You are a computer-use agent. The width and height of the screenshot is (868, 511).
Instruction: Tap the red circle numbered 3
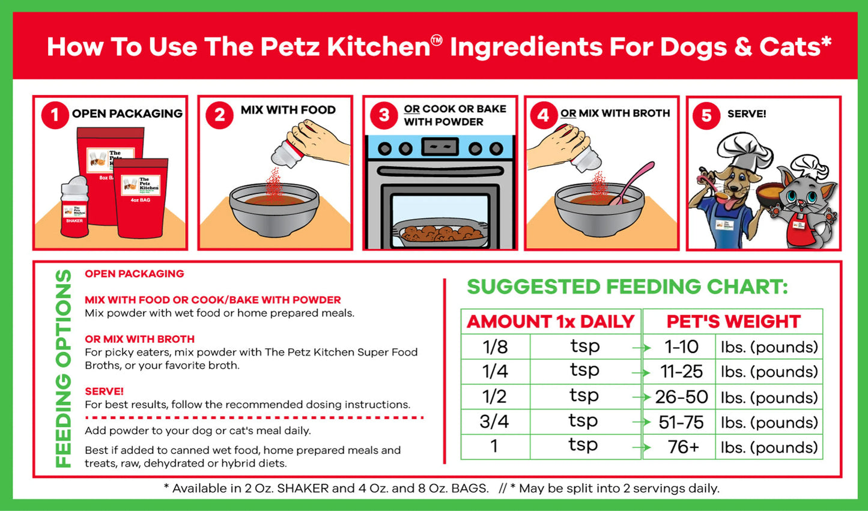384,115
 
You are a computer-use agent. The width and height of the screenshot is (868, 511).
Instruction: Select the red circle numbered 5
706,115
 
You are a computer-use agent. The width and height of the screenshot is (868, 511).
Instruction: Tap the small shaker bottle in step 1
74,207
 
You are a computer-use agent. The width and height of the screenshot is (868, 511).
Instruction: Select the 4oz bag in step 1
142,198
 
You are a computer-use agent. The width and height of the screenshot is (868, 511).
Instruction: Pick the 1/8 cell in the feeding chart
495,346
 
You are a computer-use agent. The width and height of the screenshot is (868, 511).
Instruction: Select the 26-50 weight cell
681,397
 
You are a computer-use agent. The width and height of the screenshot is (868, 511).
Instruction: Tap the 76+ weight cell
683,447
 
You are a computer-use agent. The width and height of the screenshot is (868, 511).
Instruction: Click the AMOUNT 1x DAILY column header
550,321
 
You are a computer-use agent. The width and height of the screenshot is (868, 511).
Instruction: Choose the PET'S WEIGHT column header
733,321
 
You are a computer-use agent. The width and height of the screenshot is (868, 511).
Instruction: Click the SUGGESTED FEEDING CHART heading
627,287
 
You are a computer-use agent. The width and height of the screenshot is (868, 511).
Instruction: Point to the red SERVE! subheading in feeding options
104,391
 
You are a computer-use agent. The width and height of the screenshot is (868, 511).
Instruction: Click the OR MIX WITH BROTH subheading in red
139,339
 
